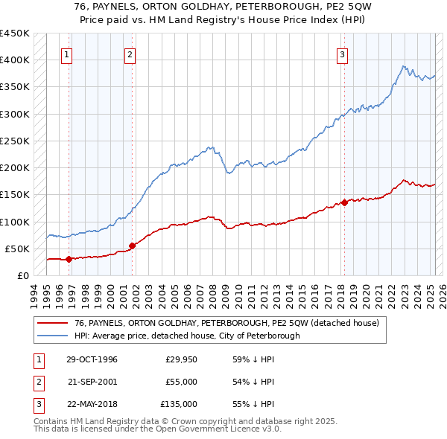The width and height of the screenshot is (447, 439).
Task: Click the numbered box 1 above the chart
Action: tap(67, 54)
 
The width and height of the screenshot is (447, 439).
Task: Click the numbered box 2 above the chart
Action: tap(130, 54)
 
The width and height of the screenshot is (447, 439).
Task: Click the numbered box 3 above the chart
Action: tap(342, 54)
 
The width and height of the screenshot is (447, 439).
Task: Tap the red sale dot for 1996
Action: tap(69, 259)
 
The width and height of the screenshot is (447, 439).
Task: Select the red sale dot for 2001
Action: tap(132, 246)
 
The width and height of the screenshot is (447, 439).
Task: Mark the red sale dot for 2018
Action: tap(344, 202)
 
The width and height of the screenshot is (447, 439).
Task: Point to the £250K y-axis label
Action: tap(14, 141)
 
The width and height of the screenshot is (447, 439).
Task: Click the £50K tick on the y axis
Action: tap(17, 249)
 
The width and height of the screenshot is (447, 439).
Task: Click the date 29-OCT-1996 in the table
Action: tap(92, 359)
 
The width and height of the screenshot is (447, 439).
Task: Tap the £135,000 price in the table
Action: tap(179, 404)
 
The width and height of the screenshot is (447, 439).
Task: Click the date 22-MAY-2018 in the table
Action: tap(92, 404)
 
